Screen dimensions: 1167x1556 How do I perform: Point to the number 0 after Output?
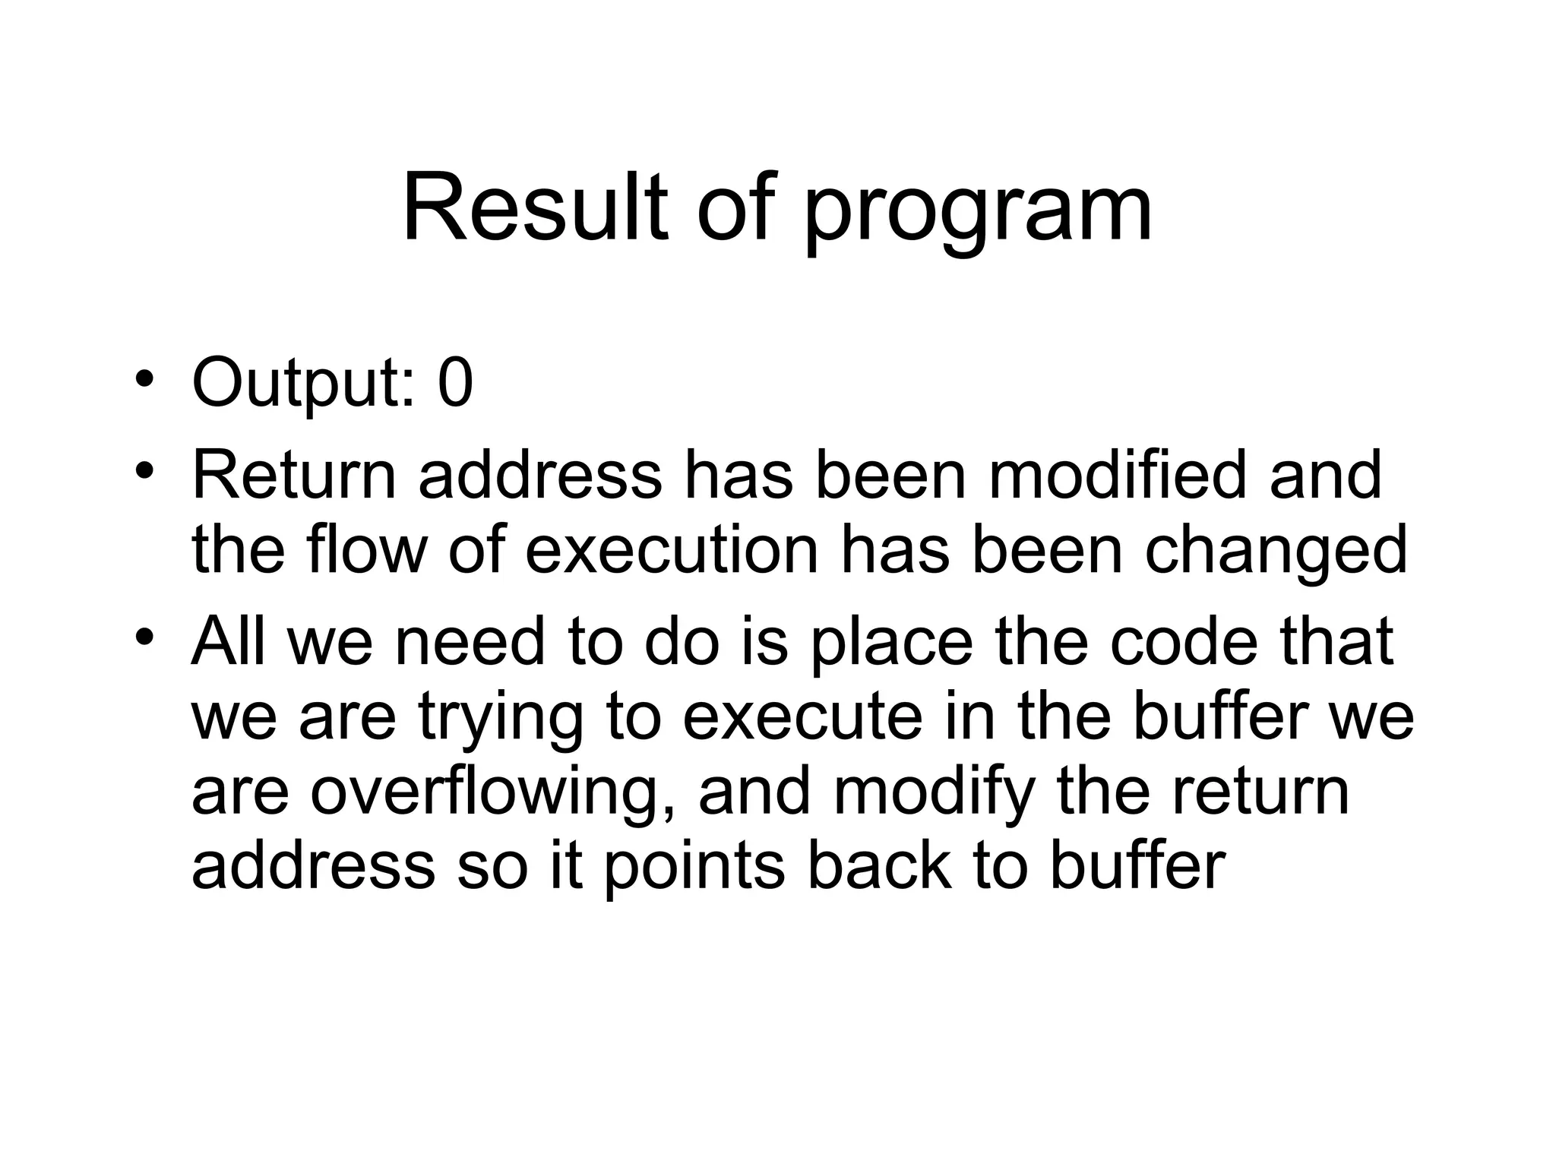[455, 384]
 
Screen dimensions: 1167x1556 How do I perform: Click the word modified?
[1117, 476]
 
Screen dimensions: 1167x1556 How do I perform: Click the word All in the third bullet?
[229, 641]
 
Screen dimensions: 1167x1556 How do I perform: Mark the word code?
[1184, 641]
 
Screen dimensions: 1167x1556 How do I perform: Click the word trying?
[501, 722]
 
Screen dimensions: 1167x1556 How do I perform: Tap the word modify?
[935, 795]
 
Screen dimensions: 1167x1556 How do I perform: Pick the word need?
[470, 641]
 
